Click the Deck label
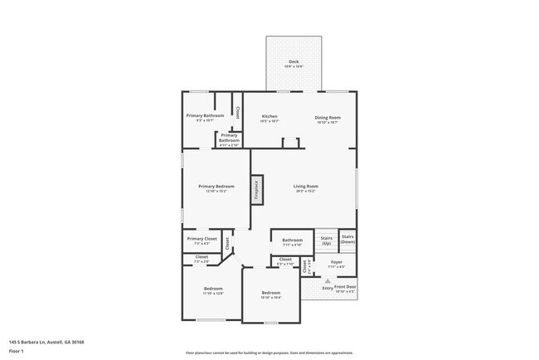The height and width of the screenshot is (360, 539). pos(294,63)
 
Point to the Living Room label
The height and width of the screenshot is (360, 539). pos(306,188)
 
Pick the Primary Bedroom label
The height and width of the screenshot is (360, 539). pos(216,188)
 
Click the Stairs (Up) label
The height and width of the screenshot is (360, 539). pos(327,241)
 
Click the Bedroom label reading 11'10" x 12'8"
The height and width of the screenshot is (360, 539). pos(213,291)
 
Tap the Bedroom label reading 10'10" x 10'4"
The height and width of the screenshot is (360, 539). pos(271,294)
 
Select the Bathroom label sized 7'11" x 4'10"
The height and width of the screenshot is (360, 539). pos(292,242)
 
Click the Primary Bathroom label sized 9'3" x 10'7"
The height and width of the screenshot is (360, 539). pos(205,118)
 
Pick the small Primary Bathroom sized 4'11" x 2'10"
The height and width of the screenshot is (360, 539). pos(229,138)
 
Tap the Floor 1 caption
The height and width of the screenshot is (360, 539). pos(17,351)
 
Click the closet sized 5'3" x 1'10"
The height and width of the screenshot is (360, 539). pos(285,261)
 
